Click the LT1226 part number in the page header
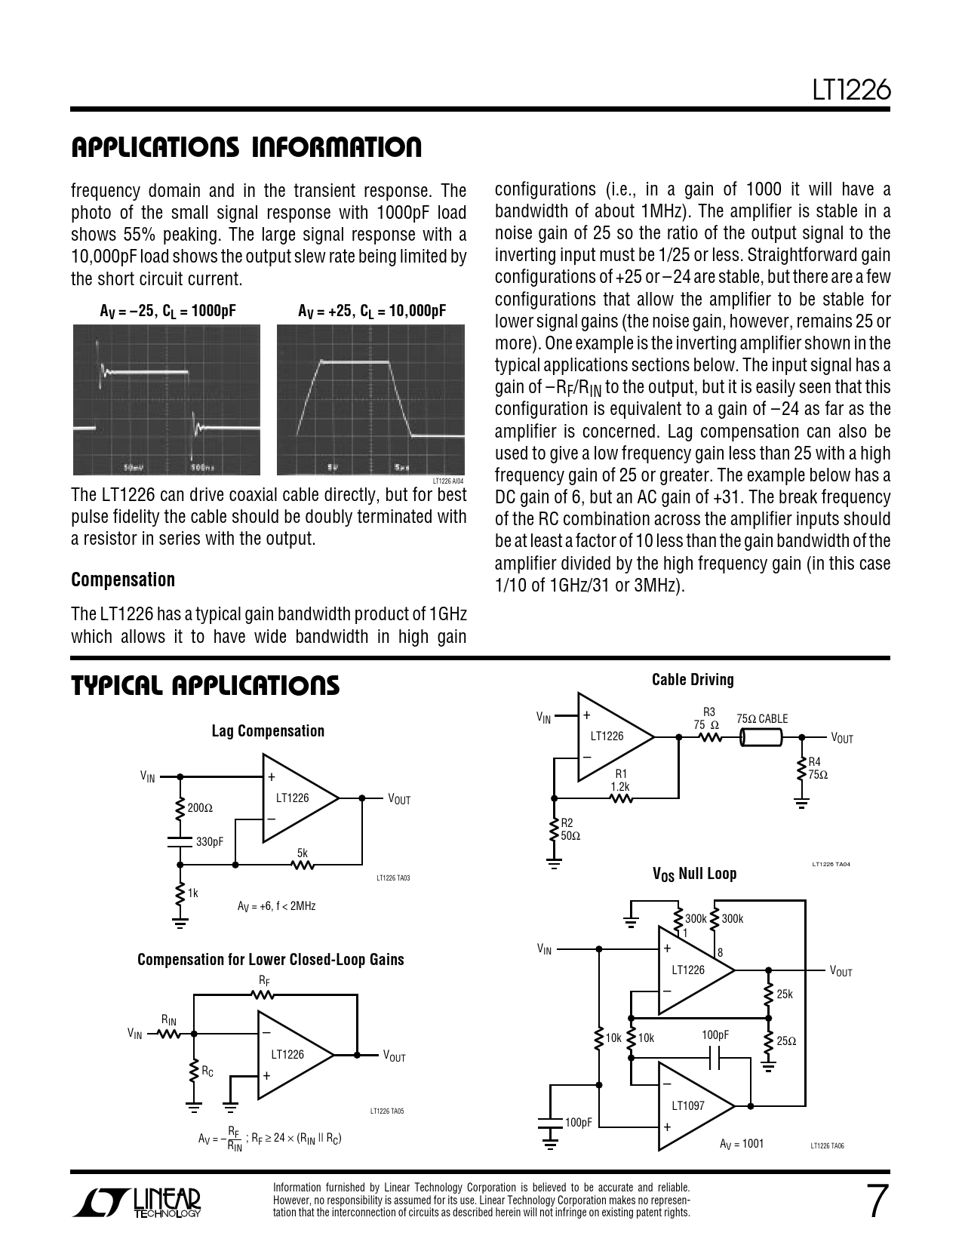pyautogui.click(x=852, y=91)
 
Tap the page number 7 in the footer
pyautogui.click(x=874, y=1202)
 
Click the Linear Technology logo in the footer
pyautogui.click(x=137, y=1203)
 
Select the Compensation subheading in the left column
pyautogui.click(x=123, y=579)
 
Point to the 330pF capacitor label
pyautogui.click(x=210, y=841)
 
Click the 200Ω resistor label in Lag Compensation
pyautogui.click(x=200, y=808)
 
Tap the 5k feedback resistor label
pyautogui.click(x=302, y=853)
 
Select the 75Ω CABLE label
pyautogui.click(x=762, y=719)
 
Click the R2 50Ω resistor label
pyautogui.click(x=570, y=830)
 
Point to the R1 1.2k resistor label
pyautogui.click(x=620, y=780)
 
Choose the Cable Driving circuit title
pyautogui.click(x=693, y=680)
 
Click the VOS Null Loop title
pyautogui.click(x=694, y=874)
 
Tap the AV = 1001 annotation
pyautogui.click(x=742, y=1144)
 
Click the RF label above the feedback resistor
pyautogui.click(x=263, y=982)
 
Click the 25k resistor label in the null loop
pyautogui.click(x=785, y=994)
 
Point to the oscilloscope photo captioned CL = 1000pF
pyautogui.click(x=167, y=400)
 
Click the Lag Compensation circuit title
pyautogui.click(x=268, y=730)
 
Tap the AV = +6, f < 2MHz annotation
pyautogui.click(x=276, y=905)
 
